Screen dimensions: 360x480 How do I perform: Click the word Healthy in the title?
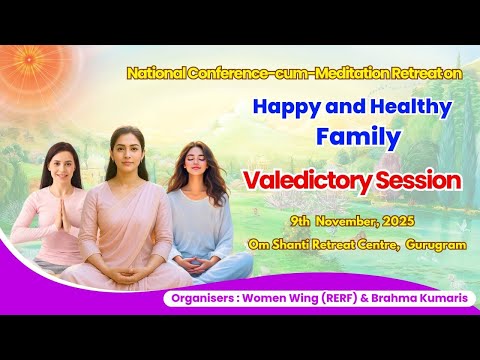(x=406, y=106)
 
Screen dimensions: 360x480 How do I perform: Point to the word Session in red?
(x=423, y=181)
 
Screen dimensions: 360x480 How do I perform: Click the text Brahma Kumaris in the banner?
(x=403, y=298)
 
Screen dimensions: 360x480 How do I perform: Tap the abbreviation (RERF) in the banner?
(x=325, y=298)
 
